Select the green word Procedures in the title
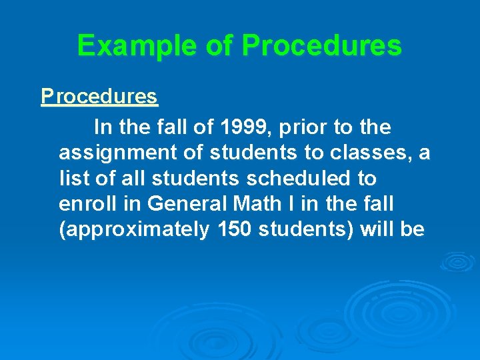322,46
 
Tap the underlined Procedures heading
99,97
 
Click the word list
71,178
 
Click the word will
377,229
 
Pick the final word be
412,229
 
